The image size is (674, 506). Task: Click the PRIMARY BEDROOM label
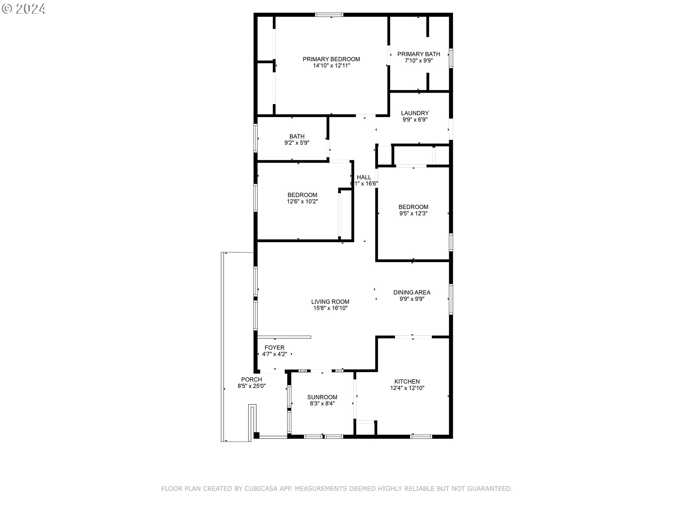(331, 59)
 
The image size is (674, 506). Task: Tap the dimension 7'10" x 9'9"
(418, 60)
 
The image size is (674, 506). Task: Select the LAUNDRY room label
(415, 113)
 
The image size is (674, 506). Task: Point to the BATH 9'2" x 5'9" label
(297, 140)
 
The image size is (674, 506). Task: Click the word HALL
(364, 177)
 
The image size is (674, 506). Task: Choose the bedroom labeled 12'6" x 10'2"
(302, 198)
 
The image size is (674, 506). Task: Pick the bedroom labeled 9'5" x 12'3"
(413, 210)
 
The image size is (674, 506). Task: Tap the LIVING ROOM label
(330, 301)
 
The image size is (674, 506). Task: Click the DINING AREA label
(411, 292)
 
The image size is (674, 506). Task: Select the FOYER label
(275, 348)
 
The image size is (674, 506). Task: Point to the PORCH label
(251, 379)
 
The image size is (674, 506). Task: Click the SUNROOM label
(322, 397)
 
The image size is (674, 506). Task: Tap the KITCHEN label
(407, 381)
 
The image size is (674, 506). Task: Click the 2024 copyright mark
(24, 9)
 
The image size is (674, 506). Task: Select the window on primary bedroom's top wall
(329, 15)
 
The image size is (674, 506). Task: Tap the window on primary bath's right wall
(451, 58)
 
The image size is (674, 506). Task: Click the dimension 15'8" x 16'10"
(330, 308)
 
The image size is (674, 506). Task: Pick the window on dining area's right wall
(451, 299)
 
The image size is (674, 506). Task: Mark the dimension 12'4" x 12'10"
(407, 388)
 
